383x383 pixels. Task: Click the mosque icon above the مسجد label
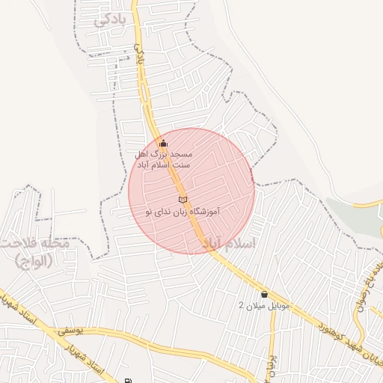pos(164,143)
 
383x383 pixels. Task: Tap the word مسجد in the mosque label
pos(182,153)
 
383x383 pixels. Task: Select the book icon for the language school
pos(183,199)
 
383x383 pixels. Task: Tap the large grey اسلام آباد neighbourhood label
pos(228,244)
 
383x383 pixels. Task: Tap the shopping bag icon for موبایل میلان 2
pos(264,294)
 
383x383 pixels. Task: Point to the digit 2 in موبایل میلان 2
pos(241,306)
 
